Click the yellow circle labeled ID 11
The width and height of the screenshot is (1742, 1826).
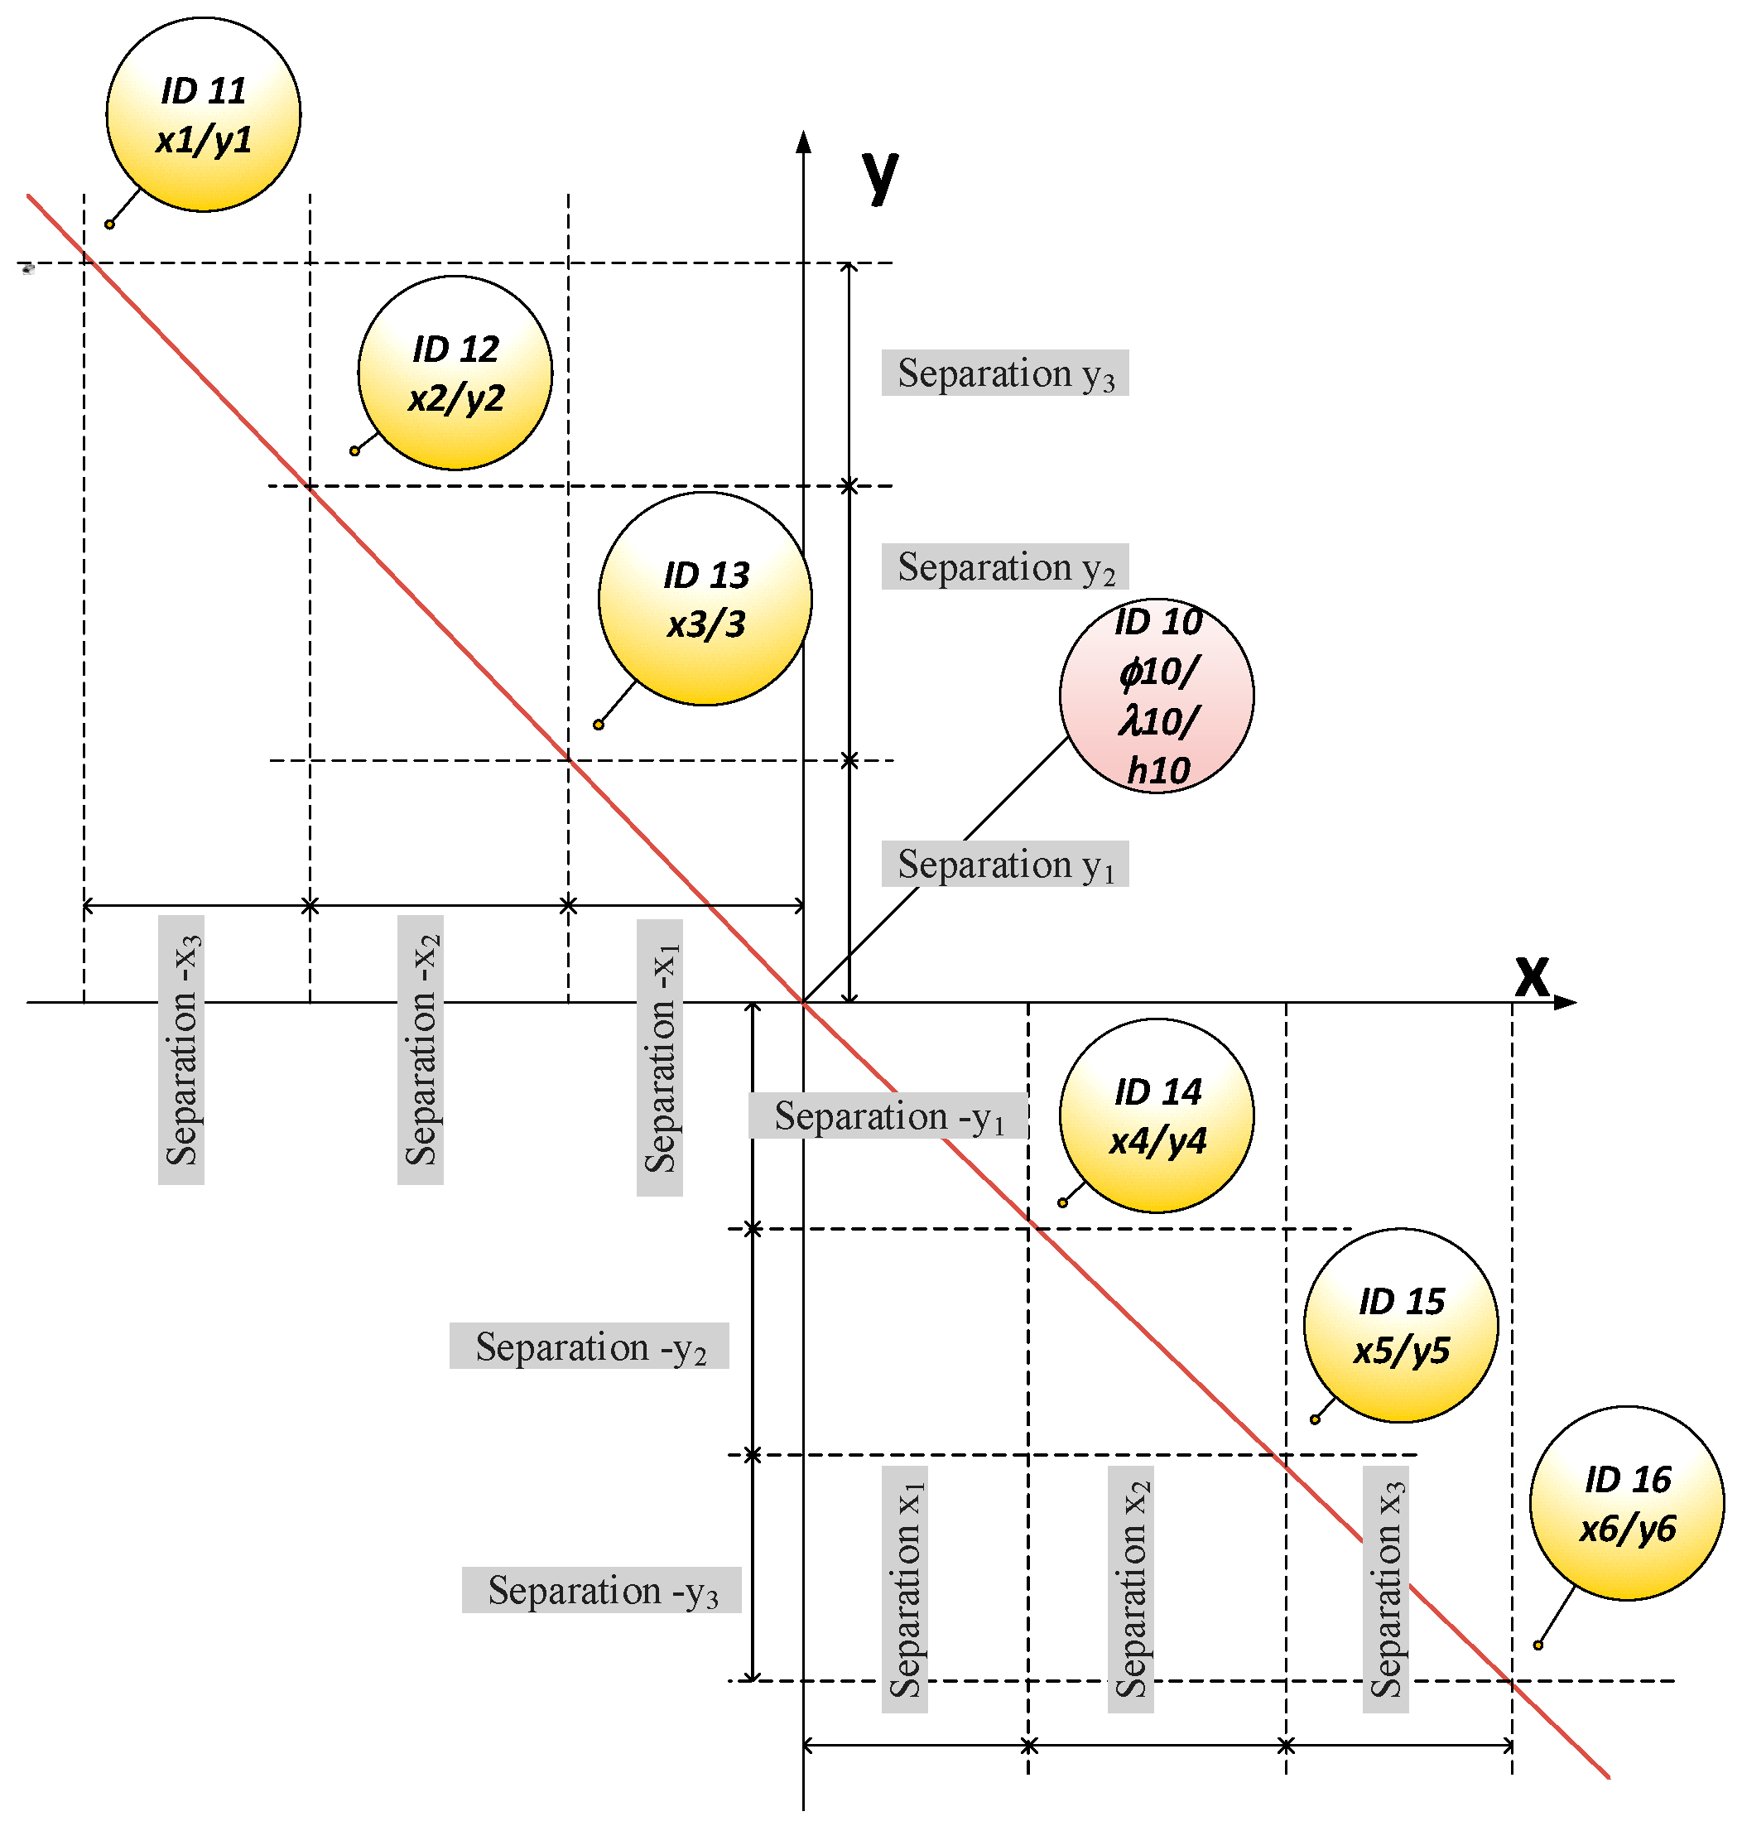(x=204, y=114)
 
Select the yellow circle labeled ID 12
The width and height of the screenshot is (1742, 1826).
(x=455, y=373)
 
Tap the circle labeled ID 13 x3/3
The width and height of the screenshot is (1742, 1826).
(x=705, y=599)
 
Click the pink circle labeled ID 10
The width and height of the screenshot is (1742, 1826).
(x=1157, y=696)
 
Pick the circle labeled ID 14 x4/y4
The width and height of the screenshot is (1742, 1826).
(x=1157, y=1115)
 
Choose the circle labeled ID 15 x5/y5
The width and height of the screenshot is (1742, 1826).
(x=1400, y=1325)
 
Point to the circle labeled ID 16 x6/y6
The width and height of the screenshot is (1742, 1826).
(x=1627, y=1503)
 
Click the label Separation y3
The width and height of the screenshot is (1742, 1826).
(x=1005, y=373)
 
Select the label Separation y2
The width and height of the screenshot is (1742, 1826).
(x=1005, y=566)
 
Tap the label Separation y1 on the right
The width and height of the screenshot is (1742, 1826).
(x=1005, y=864)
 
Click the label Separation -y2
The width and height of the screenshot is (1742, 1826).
(x=589, y=1346)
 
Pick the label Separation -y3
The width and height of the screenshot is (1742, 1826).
(x=601, y=1590)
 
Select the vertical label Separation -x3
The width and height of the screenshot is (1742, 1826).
(x=181, y=1049)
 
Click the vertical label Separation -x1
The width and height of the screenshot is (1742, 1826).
(x=660, y=1057)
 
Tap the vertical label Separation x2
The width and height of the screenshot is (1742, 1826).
(x=1130, y=1589)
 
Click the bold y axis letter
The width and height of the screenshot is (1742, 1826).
(x=880, y=173)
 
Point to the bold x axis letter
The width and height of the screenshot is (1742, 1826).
(x=1533, y=976)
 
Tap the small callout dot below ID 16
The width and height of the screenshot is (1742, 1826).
(x=1537, y=1645)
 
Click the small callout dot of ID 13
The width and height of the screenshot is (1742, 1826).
(x=599, y=725)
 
